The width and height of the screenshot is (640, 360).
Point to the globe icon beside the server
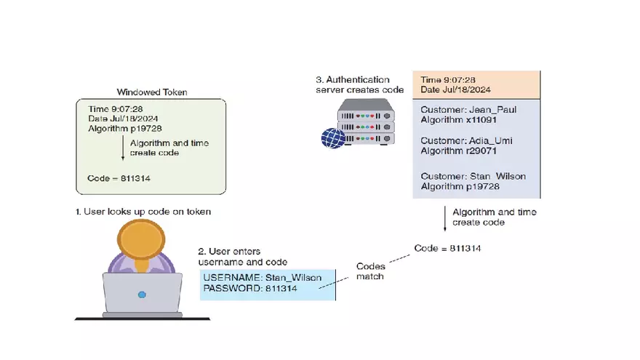[333, 137]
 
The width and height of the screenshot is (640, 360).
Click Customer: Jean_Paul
[469, 110]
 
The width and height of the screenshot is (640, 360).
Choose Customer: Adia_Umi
[467, 140]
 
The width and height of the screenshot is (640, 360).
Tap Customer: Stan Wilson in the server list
[473, 177]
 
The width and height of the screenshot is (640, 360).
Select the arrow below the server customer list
[445, 216]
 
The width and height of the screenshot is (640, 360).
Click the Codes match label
[371, 271]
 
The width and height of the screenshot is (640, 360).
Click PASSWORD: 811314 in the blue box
[250, 289]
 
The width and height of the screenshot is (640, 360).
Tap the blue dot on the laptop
[142, 295]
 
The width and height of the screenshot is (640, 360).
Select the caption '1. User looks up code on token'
[143, 211]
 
